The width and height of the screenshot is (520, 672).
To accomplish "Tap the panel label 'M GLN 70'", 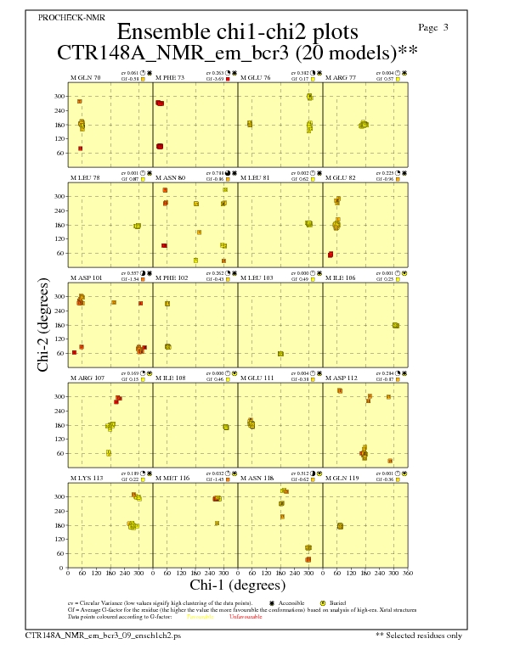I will coord(86,78).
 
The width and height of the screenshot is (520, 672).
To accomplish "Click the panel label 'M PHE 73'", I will coord(171,78).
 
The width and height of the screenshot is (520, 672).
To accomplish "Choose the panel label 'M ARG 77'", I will coord(341,78).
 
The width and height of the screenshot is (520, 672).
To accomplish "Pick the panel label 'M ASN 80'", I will coord(171,178).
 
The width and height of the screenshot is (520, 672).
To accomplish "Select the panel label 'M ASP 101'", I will coord(87,277).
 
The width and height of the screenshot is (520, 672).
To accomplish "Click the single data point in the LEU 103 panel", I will coord(280,354).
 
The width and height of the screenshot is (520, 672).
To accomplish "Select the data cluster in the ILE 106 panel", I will coord(395,325).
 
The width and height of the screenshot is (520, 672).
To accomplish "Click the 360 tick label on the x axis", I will coord(408,574).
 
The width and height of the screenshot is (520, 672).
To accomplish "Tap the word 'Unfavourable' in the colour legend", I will coord(247,617).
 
